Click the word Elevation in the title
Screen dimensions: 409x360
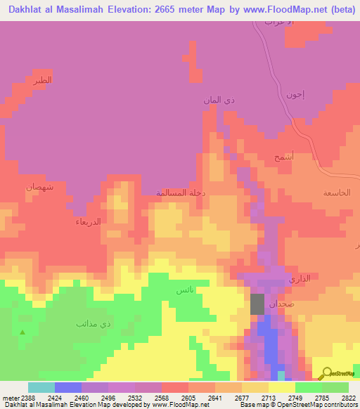tap(126, 10)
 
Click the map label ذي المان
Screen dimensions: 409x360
tap(218, 101)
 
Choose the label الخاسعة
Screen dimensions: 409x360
tap(336, 193)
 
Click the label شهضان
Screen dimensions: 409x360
tap(39, 187)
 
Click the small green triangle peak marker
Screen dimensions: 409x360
tap(22, 332)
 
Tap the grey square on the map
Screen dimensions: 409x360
tap(258, 304)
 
